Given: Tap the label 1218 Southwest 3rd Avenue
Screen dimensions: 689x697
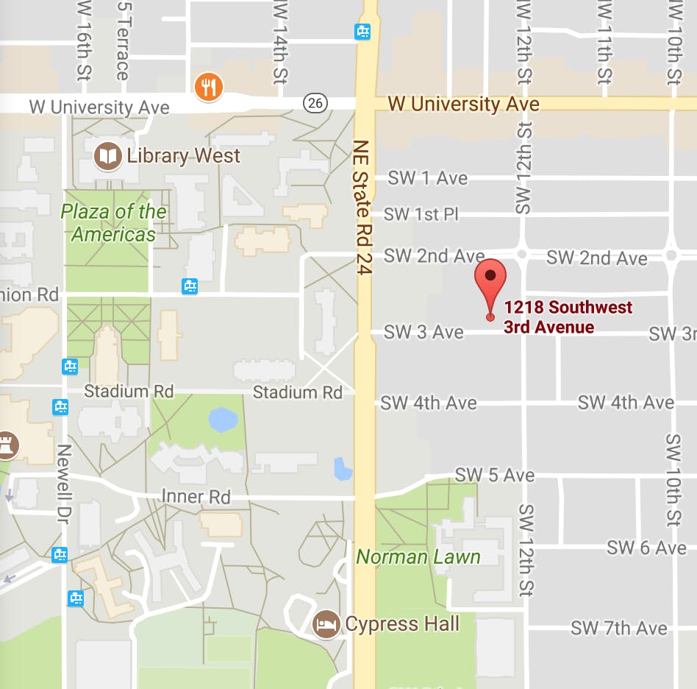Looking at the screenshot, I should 568,317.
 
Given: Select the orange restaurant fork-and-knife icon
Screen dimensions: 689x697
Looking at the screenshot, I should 209,88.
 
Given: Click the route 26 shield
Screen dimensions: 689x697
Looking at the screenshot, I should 315,103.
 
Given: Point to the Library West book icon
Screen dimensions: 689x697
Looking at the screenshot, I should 109,155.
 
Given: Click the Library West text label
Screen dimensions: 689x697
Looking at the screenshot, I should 183,156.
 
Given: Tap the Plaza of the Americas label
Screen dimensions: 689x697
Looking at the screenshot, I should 113,223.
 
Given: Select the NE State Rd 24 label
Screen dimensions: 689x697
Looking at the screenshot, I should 362,208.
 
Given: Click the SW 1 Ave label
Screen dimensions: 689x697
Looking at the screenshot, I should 427,178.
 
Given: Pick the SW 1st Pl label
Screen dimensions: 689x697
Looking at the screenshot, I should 421,214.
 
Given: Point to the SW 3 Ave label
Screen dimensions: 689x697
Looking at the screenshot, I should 423,332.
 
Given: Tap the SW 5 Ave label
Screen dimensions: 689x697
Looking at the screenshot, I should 494,475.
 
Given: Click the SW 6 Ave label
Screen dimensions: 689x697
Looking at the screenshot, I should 646,548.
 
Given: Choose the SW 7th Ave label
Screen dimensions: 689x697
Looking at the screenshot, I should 619,629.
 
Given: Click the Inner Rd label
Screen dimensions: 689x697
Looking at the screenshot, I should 196,497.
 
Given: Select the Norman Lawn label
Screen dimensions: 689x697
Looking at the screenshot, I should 418,556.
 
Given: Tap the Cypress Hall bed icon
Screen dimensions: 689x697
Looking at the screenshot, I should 326,625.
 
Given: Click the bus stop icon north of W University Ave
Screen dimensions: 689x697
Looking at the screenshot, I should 362,31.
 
